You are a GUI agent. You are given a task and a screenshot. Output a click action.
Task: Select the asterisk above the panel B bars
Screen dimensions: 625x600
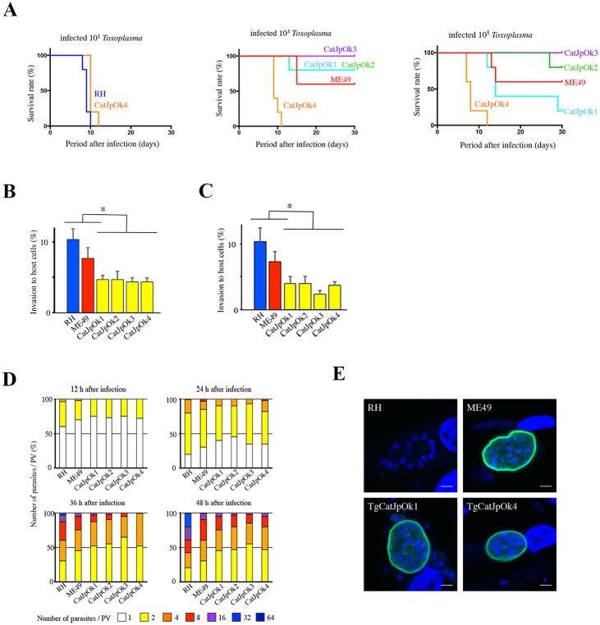click(103, 211)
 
